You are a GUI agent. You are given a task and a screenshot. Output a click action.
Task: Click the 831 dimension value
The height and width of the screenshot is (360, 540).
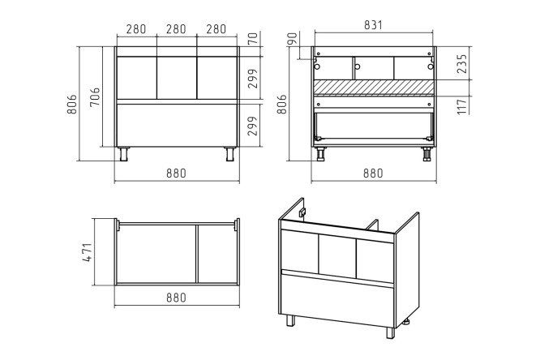tap(373, 25)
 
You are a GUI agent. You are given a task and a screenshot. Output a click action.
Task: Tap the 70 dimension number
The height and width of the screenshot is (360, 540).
tap(253, 38)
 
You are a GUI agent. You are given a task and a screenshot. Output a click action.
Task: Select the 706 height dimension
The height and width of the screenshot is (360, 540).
tap(95, 97)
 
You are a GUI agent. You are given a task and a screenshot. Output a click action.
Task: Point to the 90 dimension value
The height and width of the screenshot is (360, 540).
tap(292, 39)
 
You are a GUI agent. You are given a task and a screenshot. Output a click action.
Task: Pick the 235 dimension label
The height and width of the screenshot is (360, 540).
tap(462, 64)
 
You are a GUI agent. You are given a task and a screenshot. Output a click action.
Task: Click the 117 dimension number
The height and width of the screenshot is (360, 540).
tap(462, 105)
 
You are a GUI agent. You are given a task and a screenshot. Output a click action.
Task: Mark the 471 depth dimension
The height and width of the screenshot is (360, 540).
tap(88, 252)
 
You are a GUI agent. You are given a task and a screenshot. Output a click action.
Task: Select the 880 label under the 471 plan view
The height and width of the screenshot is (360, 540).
tap(176, 298)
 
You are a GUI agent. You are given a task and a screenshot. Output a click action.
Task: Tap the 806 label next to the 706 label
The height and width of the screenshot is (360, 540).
tap(72, 104)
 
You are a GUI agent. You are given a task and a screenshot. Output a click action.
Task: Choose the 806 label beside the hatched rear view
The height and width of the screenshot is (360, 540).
tap(281, 104)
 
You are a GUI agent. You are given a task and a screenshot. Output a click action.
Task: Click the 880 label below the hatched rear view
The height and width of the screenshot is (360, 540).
tap(373, 173)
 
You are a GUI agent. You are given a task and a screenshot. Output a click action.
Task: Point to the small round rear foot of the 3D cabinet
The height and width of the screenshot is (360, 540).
tap(407, 323)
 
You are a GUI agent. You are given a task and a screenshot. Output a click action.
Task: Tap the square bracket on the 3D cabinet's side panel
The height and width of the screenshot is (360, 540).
tap(302, 212)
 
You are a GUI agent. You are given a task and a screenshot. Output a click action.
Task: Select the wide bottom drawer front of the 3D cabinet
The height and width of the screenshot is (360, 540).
tap(337, 298)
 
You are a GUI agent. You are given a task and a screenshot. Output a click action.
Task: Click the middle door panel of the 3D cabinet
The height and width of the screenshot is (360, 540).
tap(337, 256)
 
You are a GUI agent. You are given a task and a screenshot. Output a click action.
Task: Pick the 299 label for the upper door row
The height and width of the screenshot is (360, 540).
tap(253, 79)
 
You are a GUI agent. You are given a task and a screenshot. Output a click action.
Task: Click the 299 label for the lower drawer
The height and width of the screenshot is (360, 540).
tap(253, 126)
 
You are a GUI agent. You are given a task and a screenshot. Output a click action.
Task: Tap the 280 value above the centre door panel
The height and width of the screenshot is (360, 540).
tap(176, 29)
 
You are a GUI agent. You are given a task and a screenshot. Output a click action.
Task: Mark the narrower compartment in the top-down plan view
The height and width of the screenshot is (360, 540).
tap(217, 255)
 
